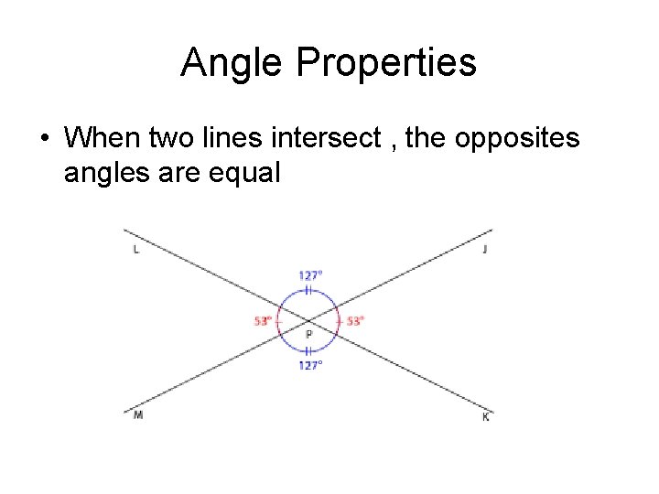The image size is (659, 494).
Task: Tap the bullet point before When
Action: [44, 139]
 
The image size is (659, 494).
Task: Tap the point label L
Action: [136, 250]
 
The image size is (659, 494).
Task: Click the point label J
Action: [484, 250]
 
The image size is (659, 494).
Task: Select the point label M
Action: [137, 415]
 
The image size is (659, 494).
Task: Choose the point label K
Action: [485, 417]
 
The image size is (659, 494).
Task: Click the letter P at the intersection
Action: [308, 335]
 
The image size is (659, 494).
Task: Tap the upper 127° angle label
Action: [310, 274]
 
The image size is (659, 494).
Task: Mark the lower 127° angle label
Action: [310, 365]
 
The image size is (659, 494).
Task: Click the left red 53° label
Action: [263, 321]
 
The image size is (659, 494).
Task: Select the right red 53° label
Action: [355, 321]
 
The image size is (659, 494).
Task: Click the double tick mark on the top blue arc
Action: [309, 290]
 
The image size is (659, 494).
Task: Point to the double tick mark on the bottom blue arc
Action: [309, 351]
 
